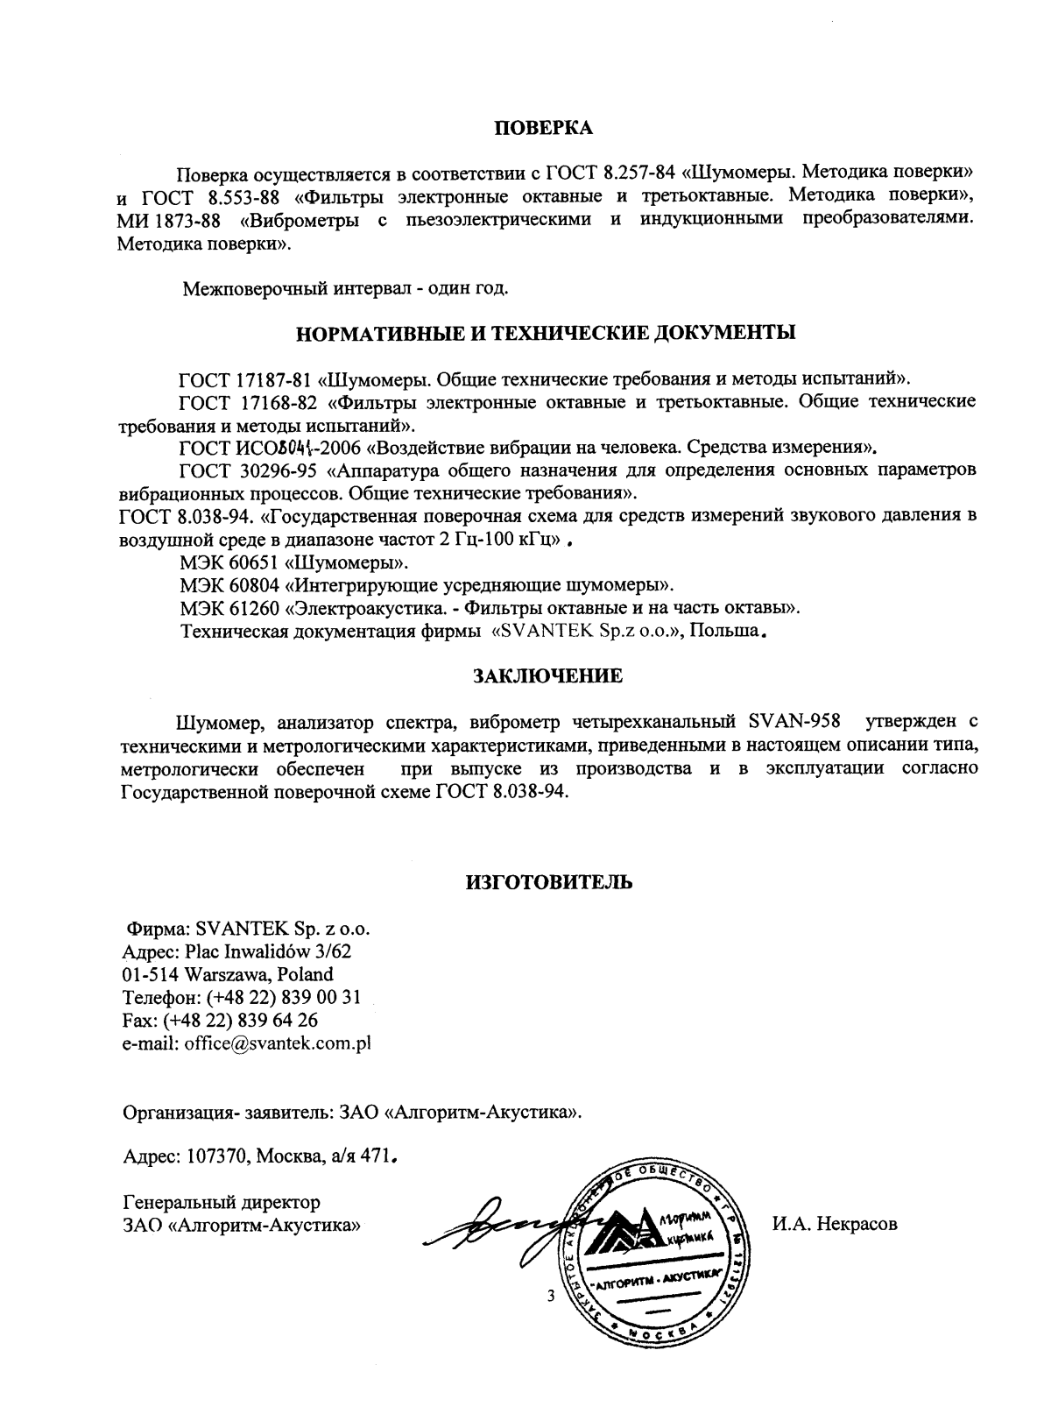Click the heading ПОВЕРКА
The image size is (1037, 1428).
coord(544,129)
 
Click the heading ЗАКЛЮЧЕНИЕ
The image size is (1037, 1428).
coord(547,676)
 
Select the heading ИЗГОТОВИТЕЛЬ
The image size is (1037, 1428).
coord(548,882)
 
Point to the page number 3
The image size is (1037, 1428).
coord(550,1297)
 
